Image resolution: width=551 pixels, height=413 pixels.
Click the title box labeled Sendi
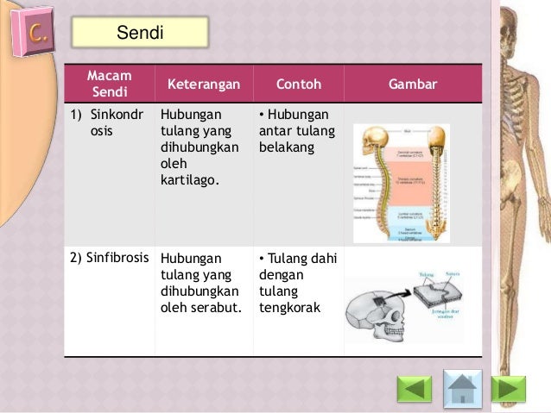(140, 33)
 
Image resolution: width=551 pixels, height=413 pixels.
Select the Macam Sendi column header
(109, 84)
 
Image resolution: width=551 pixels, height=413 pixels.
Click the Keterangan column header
(204, 84)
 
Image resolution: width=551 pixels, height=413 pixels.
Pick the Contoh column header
(298, 84)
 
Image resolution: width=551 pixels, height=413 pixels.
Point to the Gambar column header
(412, 84)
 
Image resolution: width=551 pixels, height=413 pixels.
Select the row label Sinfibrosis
(108, 258)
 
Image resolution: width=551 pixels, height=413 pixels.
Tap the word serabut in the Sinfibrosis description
(218, 307)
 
